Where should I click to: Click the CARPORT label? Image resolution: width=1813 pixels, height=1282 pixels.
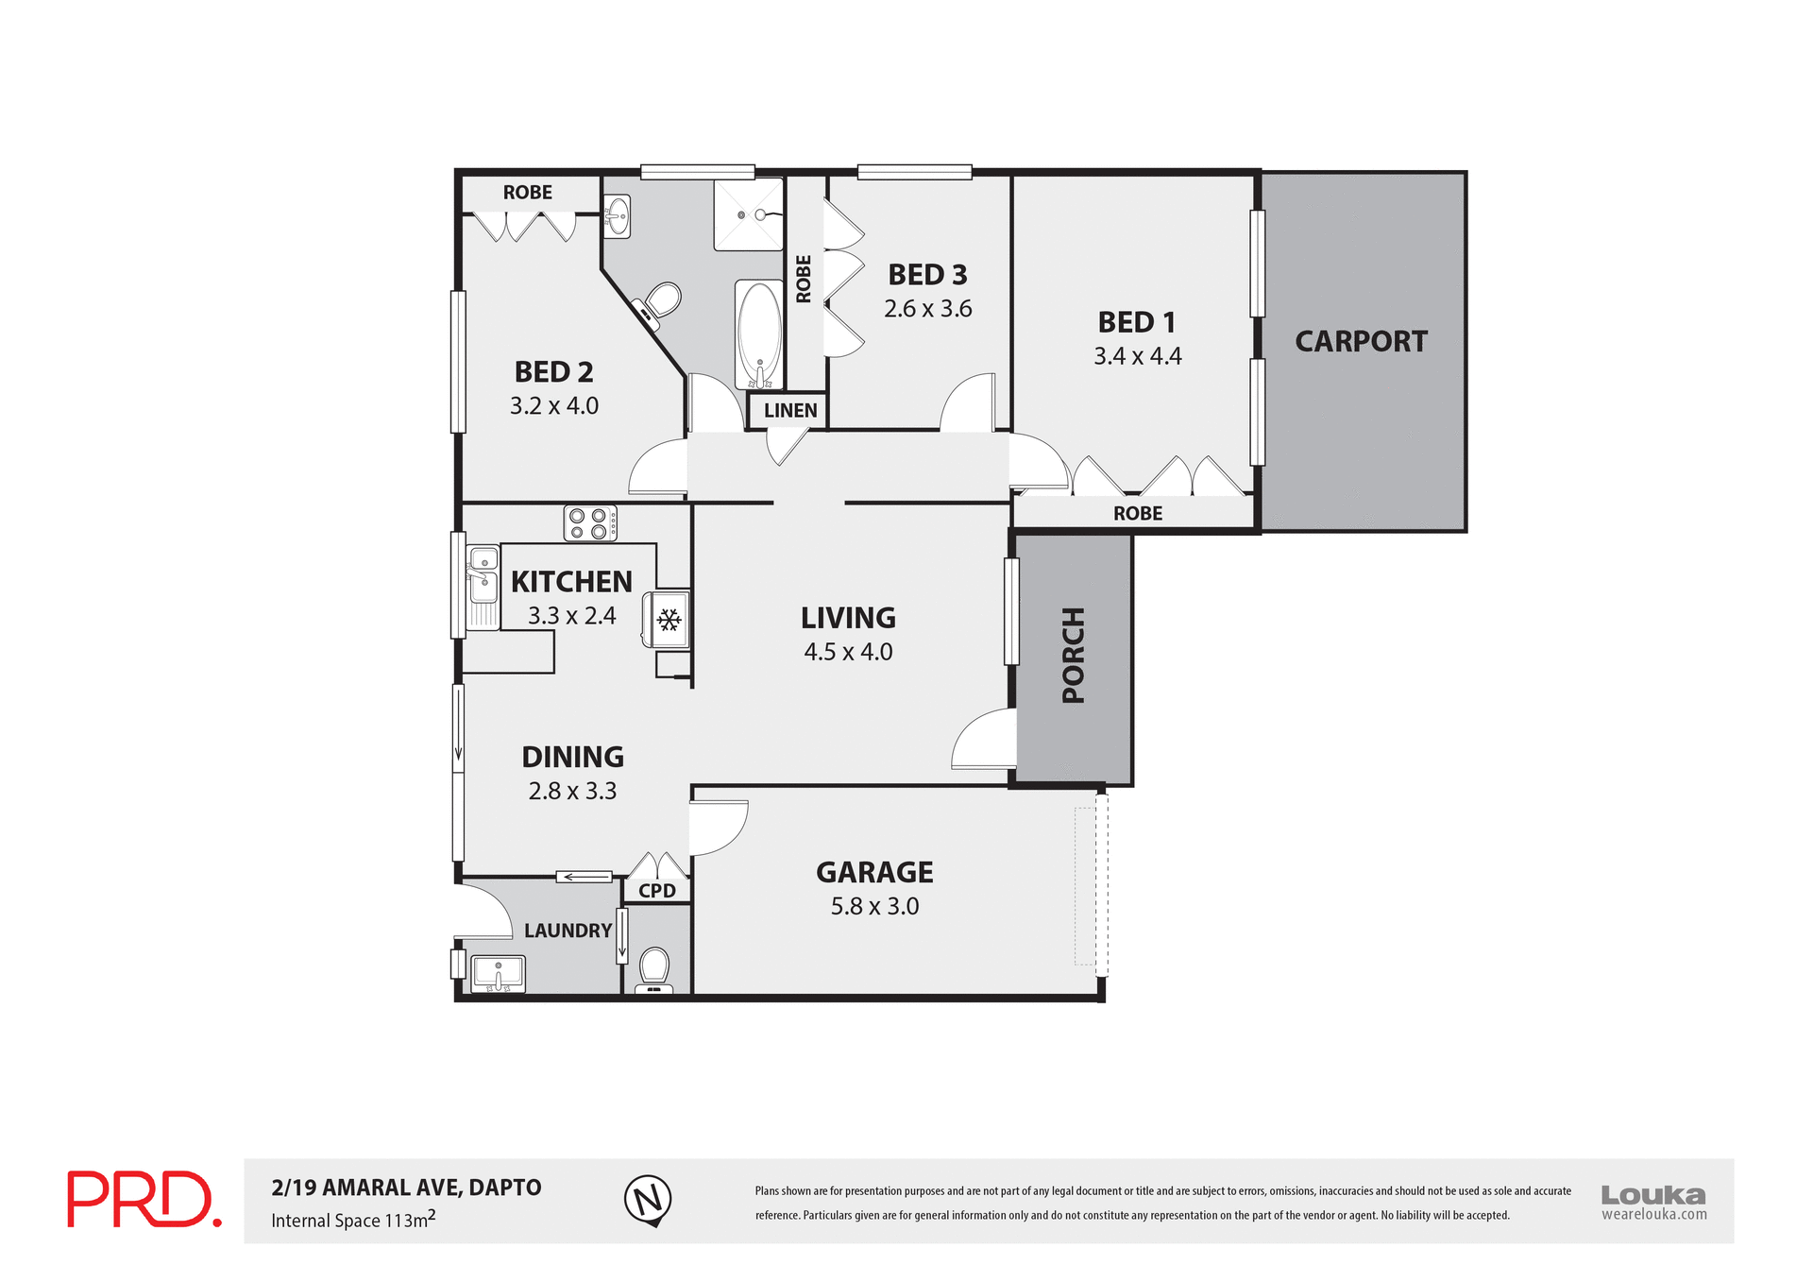point(1361,341)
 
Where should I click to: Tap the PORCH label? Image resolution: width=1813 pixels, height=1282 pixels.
point(1074,656)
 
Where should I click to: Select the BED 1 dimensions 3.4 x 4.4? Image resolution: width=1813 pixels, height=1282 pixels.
point(1137,356)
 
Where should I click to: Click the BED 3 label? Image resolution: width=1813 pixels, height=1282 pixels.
point(927,275)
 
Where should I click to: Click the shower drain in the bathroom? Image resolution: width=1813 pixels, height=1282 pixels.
point(742,215)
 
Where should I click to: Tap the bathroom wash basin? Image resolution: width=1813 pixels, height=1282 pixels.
point(617,216)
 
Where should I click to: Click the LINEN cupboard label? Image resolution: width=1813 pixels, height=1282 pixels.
point(790,411)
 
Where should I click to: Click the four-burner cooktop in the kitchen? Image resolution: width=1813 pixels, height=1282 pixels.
point(590,523)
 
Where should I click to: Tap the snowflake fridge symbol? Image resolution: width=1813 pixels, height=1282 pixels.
point(669,620)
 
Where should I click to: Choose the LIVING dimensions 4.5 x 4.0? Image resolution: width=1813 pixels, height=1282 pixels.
point(848,652)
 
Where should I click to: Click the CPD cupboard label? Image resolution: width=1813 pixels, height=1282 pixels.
point(657,891)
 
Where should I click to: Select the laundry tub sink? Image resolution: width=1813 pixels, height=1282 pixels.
point(498,972)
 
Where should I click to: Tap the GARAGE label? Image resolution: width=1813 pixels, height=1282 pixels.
point(874,872)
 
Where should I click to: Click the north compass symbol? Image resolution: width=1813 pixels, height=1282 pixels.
point(648,1201)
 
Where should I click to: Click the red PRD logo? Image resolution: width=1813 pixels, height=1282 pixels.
point(144,1199)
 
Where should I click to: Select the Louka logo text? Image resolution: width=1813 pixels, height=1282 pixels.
point(1653,1195)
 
